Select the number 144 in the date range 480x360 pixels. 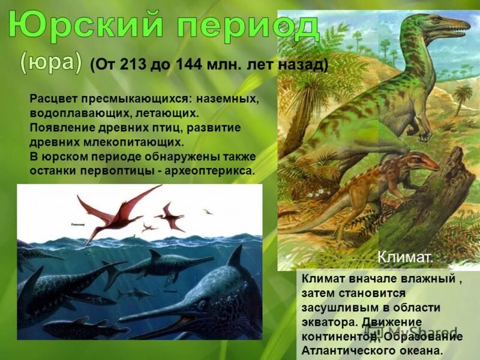(x=189, y=64)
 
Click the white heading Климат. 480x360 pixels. (x=404, y=257)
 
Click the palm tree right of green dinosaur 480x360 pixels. (x=463, y=96)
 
